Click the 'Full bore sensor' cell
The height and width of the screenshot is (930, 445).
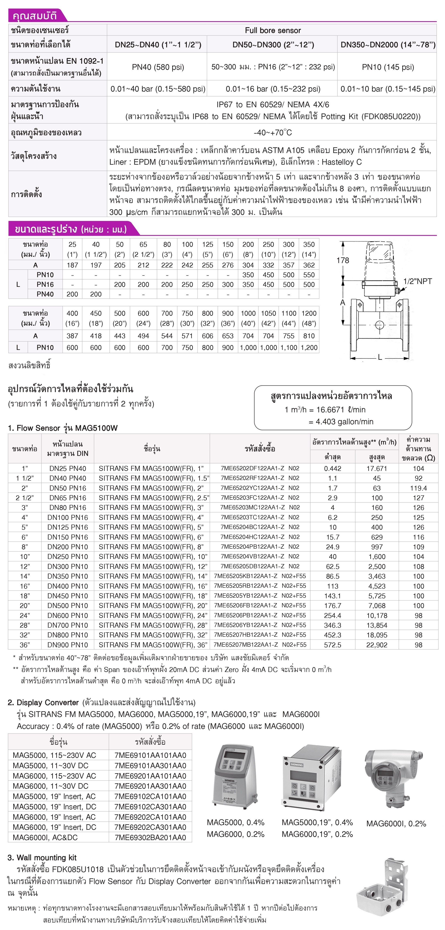pos(273,30)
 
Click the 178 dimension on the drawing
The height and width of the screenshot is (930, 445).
pos(343,260)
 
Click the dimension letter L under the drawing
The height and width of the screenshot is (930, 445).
pos(380,357)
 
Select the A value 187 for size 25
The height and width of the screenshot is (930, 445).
pos(72,265)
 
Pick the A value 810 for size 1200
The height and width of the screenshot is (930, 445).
pos(309,336)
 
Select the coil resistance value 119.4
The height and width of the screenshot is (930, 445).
pos(418,488)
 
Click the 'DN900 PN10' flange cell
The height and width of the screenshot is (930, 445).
pos(67,645)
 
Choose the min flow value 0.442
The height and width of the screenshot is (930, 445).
pos(332,469)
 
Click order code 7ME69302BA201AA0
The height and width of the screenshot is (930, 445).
pos(150,838)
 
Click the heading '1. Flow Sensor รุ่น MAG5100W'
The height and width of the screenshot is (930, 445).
pos(63,428)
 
